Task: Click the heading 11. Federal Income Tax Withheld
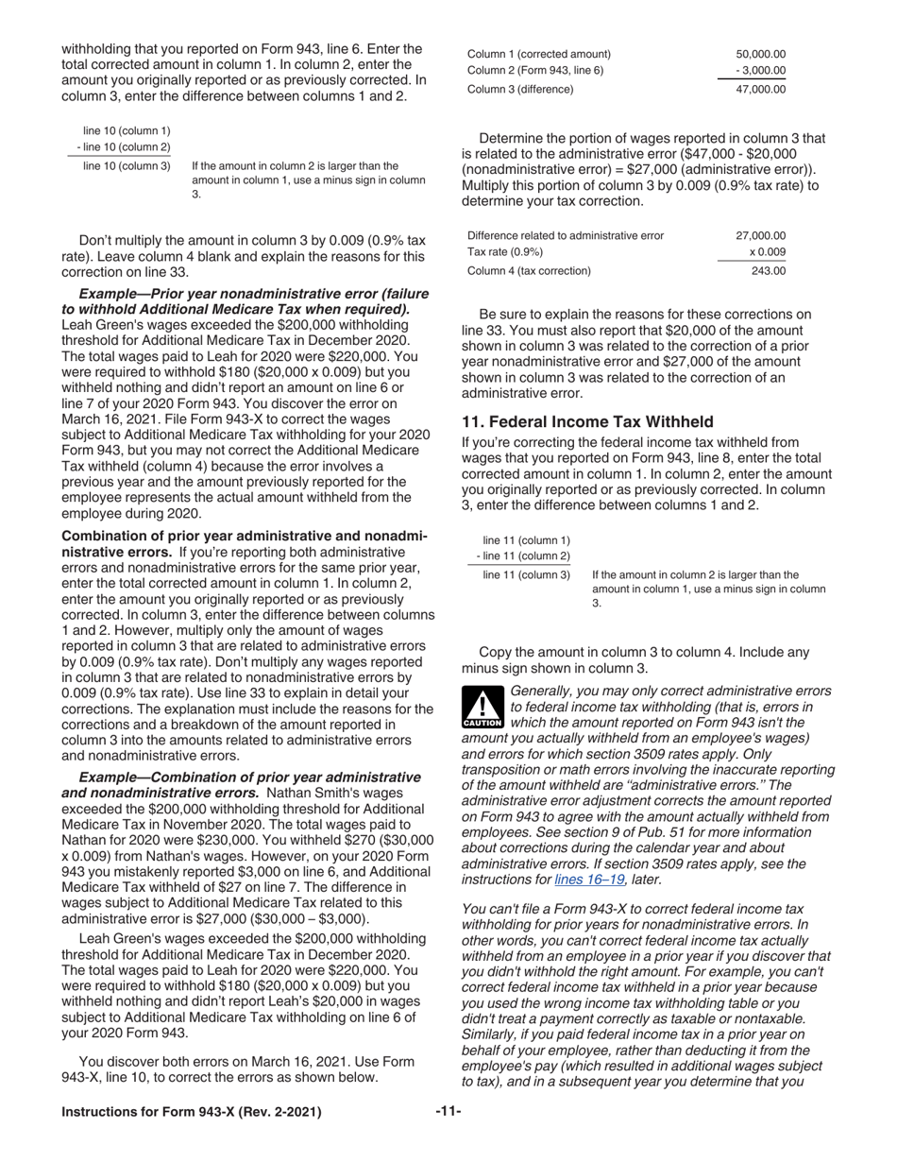pos(587,421)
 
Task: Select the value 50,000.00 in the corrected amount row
pos(760,54)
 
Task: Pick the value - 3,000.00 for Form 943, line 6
pos(760,71)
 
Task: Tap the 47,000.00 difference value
pos(760,90)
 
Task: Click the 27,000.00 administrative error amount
pos(760,236)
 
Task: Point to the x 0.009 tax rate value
pos(767,252)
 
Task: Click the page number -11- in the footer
pos(448,1112)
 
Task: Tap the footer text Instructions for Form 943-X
pos(191,1112)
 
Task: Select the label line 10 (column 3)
pos(127,166)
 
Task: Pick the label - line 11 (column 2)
pos(523,555)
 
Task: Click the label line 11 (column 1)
pos(526,540)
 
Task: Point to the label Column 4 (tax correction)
pos(529,271)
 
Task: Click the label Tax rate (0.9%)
pos(505,252)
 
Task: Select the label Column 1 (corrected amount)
pos(539,54)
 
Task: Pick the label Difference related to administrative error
pos(566,236)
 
